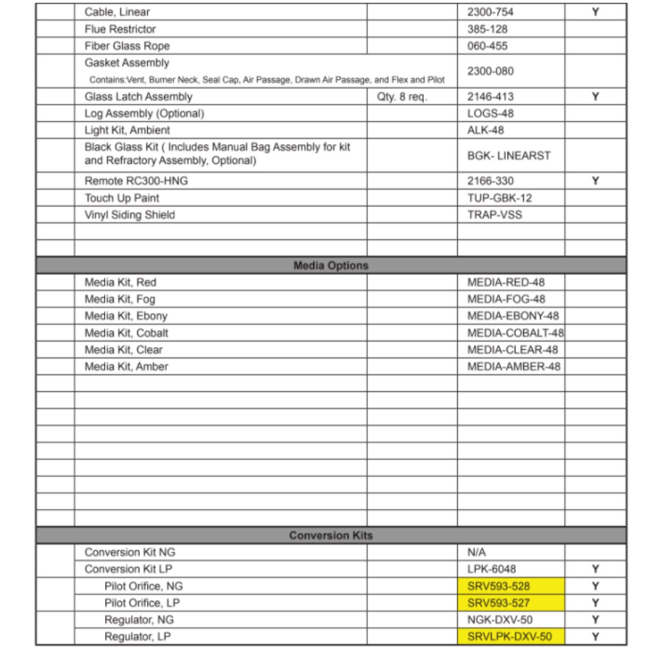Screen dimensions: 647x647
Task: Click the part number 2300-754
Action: [490, 12]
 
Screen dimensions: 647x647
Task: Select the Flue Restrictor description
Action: [120, 29]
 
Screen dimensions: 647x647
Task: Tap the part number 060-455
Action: [487, 46]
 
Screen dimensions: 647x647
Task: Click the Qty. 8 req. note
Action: [402, 97]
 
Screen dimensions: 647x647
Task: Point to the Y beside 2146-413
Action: [595, 97]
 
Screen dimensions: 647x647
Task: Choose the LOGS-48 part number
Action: [490, 113]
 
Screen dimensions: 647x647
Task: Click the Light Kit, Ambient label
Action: [127, 130]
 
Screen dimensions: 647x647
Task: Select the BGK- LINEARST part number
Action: [508, 156]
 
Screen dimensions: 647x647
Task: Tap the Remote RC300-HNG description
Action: [136, 181]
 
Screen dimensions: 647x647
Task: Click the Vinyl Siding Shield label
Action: [130, 215]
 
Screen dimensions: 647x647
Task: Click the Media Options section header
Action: [331, 265]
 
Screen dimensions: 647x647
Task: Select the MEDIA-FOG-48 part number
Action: [506, 299]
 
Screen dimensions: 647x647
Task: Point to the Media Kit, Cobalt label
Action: [126, 333]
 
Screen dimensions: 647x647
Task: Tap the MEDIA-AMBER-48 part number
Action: [514, 366]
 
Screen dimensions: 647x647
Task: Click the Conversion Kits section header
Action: [331, 535]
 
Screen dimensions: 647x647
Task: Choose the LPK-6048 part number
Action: [491, 569]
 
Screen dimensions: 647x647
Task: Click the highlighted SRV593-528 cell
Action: [499, 586]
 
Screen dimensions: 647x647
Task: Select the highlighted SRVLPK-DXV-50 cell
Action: [509, 636]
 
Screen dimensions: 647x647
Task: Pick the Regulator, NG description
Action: [139, 620]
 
